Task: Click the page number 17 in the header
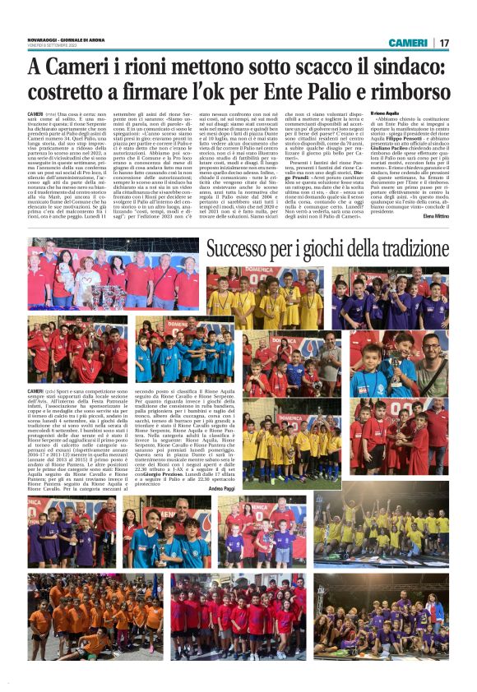click(x=443, y=42)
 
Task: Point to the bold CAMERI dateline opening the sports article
click(x=35, y=390)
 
